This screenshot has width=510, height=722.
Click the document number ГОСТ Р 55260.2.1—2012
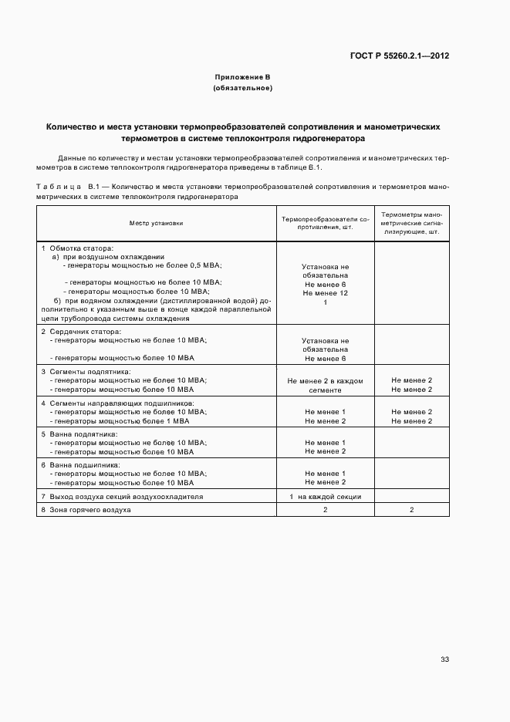(400, 56)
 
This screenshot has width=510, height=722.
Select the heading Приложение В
(243, 78)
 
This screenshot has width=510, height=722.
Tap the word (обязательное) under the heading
(243, 88)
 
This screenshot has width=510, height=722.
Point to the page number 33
(444, 660)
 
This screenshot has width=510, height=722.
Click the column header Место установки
(157, 223)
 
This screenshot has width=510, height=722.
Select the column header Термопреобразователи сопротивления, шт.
(325, 223)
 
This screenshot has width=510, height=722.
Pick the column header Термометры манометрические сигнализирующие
(411, 223)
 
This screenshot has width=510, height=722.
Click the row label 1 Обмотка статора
(77, 248)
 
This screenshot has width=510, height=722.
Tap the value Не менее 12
(325, 293)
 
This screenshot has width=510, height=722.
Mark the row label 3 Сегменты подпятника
(86, 371)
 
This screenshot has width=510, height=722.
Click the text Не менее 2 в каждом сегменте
(325, 385)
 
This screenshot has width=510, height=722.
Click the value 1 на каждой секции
(325, 497)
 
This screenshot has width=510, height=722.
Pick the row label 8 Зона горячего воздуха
(86, 511)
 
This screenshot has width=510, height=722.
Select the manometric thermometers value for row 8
(411, 511)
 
